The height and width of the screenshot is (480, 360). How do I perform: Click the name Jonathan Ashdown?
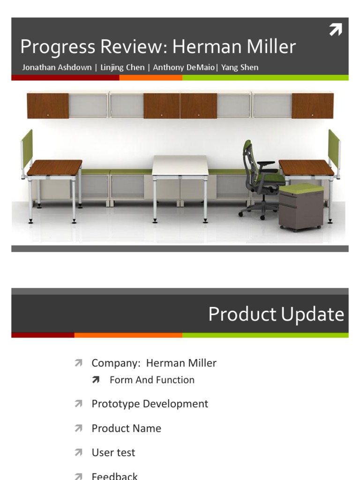pyautogui.click(x=57, y=67)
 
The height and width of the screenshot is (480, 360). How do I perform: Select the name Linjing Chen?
pyautogui.click(x=122, y=67)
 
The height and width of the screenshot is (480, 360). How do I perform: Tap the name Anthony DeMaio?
pyautogui.click(x=184, y=67)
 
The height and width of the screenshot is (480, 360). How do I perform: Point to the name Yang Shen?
pyautogui.click(x=240, y=67)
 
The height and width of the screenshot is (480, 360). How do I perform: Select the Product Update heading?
pyautogui.click(x=276, y=314)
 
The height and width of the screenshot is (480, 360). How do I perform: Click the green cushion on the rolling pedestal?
pyautogui.click(x=301, y=189)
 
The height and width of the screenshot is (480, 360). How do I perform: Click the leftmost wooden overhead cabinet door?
pyautogui.click(x=48, y=105)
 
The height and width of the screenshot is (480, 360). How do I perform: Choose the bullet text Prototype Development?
pyautogui.click(x=150, y=404)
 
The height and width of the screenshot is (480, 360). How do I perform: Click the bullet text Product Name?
pyautogui.click(x=126, y=428)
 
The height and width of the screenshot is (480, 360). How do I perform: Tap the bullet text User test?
pyautogui.click(x=113, y=452)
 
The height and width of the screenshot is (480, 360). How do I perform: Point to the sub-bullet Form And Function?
pyautogui.click(x=152, y=380)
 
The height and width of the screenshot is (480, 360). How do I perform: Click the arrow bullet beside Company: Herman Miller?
pyautogui.click(x=78, y=363)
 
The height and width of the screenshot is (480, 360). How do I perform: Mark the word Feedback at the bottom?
pyautogui.click(x=114, y=476)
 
